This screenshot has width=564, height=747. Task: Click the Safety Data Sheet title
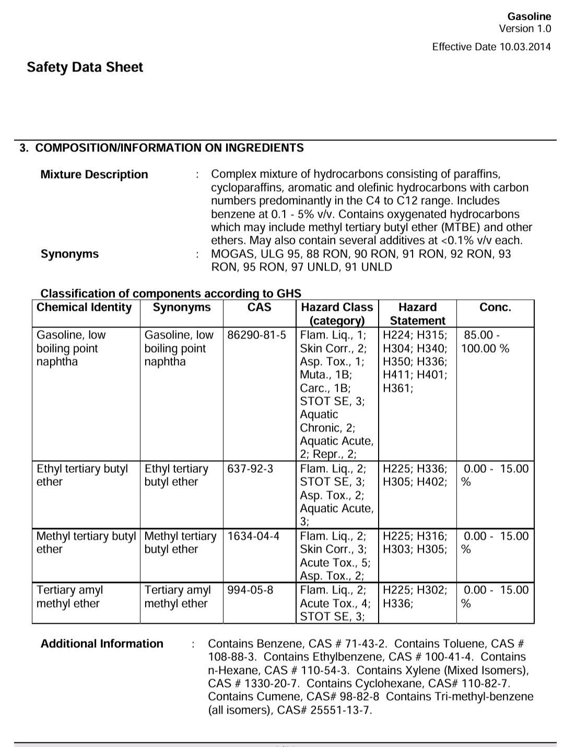click(85, 67)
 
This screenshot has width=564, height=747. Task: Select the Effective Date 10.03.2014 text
click(491, 47)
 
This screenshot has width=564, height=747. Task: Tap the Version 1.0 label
click(524, 29)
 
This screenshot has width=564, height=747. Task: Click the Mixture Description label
click(94, 174)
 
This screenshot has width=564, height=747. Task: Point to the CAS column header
click(259, 307)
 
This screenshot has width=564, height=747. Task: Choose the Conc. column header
click(495, 307)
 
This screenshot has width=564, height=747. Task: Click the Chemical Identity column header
click(84, 307)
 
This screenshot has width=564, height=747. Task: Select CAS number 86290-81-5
click(256, 335)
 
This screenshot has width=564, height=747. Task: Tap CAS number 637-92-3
click(250, 469)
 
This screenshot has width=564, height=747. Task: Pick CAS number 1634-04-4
click(253, 536)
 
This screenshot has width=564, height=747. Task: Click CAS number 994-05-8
click(250, 590)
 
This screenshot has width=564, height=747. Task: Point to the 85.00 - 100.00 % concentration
click(485, 342)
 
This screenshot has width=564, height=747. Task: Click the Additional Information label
click(102, 644)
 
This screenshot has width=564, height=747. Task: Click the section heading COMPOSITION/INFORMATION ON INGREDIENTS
click(169, 148)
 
